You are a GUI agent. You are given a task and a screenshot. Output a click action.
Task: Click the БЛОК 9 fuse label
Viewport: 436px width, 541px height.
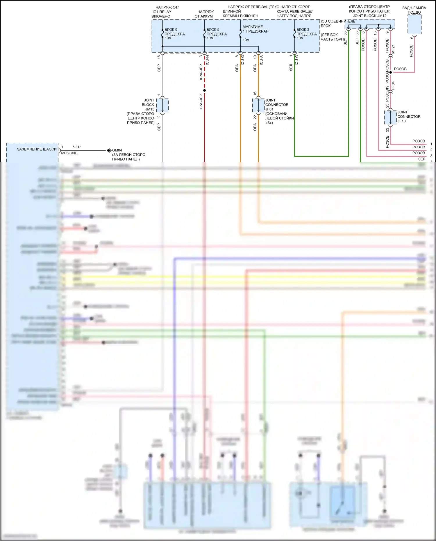pos(171,30)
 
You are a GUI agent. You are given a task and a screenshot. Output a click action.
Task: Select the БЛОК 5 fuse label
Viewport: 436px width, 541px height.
pos(213,30)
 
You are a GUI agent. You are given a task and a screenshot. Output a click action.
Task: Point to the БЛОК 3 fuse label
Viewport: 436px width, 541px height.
pos(303,30)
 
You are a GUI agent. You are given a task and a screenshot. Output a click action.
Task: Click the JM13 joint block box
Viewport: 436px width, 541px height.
pos(162,105)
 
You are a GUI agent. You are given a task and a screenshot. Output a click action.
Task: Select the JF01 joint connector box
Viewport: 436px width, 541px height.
pos(258,105)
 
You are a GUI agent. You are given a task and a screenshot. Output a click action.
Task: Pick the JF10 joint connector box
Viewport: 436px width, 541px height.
pos(390,117)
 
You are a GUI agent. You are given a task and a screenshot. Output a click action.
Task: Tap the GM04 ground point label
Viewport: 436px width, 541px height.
pos(117,150)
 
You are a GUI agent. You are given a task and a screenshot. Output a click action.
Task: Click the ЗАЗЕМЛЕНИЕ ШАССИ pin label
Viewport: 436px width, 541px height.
pos(37,149)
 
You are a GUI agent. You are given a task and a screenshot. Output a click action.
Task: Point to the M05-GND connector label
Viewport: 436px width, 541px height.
pos(69,153)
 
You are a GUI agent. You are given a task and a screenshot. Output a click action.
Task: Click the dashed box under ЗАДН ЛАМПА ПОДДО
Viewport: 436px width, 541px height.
pos(414,24)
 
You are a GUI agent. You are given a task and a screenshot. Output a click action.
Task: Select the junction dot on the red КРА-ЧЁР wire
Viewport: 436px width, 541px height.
pos(204,90)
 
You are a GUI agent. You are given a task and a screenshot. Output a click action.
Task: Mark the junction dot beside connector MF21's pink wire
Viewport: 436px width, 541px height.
pos(390,72)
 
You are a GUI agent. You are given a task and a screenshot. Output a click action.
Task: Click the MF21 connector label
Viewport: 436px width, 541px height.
pos(394,49)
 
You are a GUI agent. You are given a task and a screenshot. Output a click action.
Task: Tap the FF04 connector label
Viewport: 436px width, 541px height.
pos(394,85)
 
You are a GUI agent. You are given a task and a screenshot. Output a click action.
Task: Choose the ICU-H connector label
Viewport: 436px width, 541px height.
pos(208,60)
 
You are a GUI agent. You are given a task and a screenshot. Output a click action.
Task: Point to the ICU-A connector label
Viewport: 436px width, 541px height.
pos(261,60)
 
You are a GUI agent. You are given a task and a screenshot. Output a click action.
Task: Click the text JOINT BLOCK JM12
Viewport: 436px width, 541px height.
pos(369,16)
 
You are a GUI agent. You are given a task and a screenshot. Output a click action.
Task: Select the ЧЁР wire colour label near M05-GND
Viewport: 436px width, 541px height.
pos(77,147)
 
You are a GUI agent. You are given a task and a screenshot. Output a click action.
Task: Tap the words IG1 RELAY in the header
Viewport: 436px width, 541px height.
pos(162,12)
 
